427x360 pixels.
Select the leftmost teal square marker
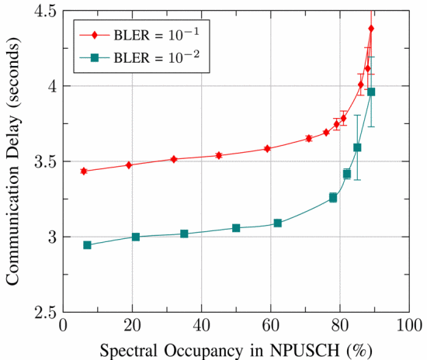[x=87, y=245]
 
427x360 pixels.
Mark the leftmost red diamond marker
[x=83, y=171]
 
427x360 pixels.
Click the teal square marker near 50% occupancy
[x=236, y=228]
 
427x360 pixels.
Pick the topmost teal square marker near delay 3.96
[x=371, y=92]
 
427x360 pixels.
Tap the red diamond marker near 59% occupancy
[x=267, y=148]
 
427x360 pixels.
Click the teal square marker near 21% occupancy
[x=136, y=237]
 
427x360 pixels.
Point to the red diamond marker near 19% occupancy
[x=129, y=165]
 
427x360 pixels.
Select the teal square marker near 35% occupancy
[x=184, y=234]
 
